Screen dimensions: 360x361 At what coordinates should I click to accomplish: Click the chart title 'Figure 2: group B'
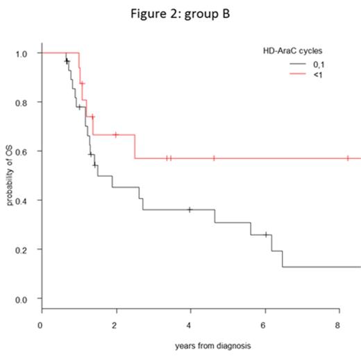click(180, 14)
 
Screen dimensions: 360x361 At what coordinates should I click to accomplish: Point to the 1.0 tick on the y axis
click(22, 53)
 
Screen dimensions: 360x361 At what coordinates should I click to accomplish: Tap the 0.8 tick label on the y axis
click(22, 103)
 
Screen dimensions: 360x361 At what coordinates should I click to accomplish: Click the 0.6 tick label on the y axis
click(22, 151)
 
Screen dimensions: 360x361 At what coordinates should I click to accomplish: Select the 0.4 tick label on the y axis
click(22, 200)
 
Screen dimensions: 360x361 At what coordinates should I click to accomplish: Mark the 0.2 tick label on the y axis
click(22, 250)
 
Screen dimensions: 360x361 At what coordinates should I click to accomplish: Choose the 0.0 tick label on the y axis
click(22, 299)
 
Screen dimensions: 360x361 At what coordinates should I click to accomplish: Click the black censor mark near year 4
click(190, 209)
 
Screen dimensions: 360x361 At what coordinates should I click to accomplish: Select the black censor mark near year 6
click(266, 234)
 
